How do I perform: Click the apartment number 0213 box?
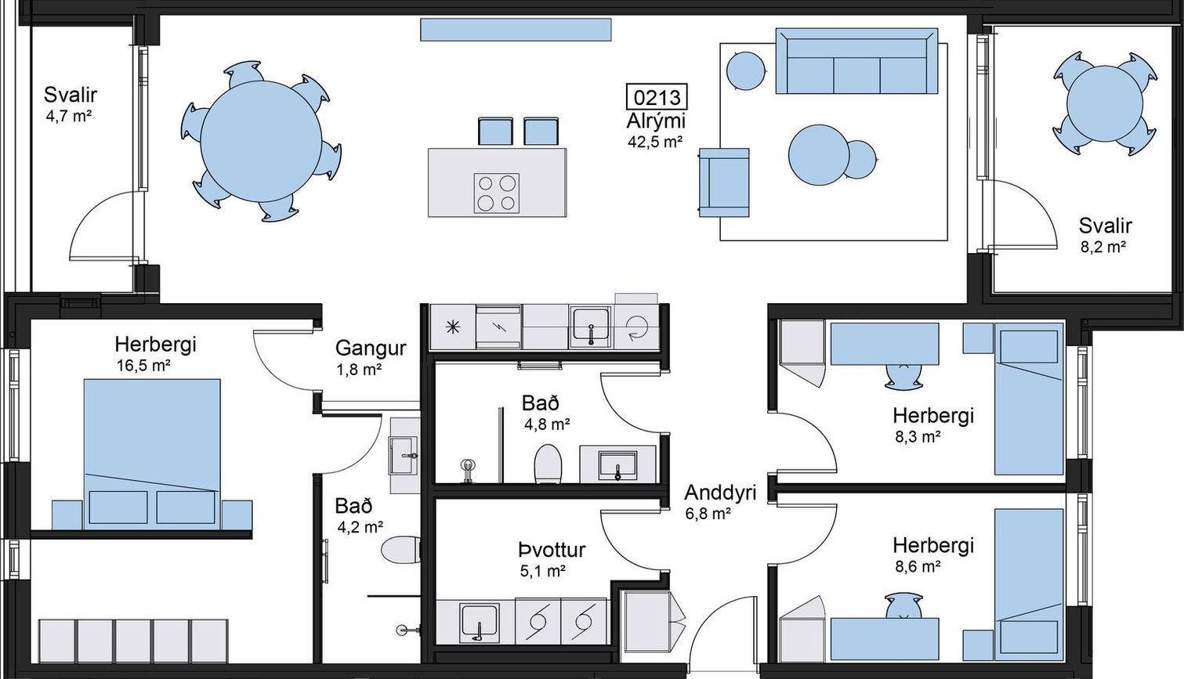[657, 97]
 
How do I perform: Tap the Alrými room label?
[656, 121]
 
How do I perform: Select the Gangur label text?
[371, 349]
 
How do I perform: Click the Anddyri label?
[720, 493]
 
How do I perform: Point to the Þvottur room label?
[552, 550]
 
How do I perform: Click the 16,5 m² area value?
[143, 366]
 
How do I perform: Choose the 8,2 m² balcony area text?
[1103, 247]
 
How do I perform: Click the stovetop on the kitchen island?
[496, 193]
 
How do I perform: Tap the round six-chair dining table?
[261, 141]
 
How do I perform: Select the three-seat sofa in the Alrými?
[856, 61]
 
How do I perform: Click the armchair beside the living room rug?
[724, 182]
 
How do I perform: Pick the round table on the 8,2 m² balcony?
[1105, 103]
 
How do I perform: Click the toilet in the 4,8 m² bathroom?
[548, 464]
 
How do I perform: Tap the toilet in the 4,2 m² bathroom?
[400, 550]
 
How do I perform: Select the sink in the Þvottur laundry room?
[480, 622]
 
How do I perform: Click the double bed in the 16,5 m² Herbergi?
[152, 454]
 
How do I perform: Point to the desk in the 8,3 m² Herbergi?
[885, 344]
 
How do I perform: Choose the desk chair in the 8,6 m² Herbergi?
[903, 605]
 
